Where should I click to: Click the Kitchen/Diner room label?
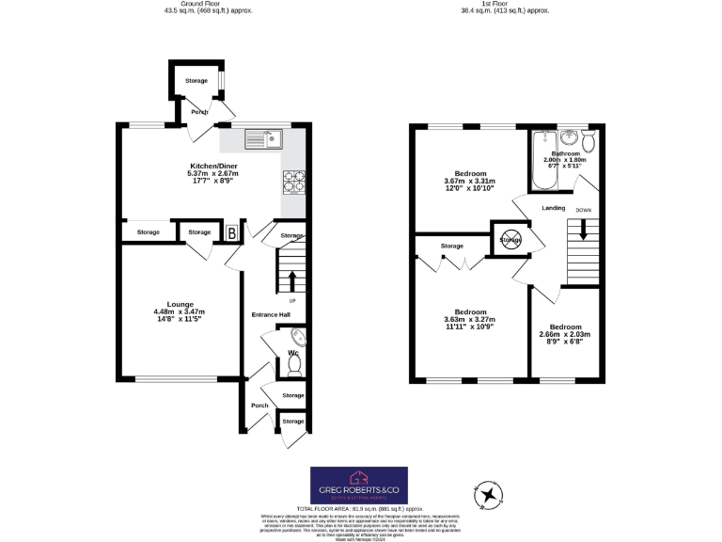tap(213, 165)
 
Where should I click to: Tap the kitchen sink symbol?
tap(264, 140)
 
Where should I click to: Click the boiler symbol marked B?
tap(232, 232)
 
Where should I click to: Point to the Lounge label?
tap(180, 304)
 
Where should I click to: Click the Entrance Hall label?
tap(271, 314)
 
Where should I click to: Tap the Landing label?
tap(553, 209)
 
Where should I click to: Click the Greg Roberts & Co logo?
tap(359, 485)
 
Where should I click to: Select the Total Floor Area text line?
tap(359, 508)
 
